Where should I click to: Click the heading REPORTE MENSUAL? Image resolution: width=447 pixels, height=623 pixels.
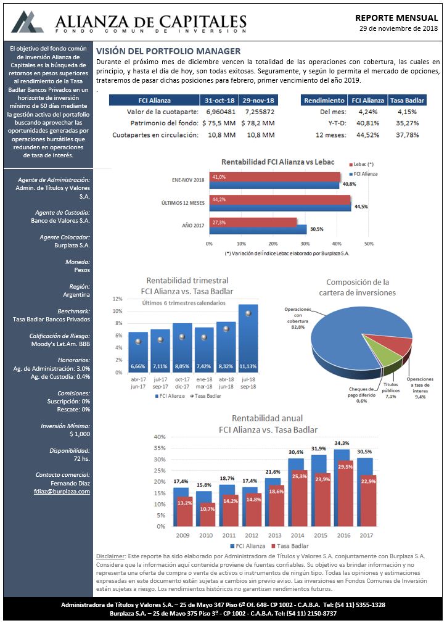(396, 18)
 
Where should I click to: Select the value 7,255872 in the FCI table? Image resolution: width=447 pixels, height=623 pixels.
(260, 112)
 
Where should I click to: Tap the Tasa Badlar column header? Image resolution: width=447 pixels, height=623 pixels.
(407, 101)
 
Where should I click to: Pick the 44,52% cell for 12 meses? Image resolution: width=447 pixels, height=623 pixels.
(368, 135)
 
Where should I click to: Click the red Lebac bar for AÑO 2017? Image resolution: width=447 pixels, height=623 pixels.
(253, 223)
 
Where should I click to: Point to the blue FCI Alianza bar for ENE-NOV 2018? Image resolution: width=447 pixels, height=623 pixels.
(274, 185)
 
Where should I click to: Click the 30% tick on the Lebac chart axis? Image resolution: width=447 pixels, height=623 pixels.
(305, 244)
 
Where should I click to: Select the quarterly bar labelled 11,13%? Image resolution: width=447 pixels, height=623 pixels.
(248, 338)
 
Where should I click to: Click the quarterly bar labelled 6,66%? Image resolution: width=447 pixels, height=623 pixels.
(137, 352)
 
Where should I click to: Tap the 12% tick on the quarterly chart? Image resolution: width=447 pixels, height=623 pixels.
(118, 299)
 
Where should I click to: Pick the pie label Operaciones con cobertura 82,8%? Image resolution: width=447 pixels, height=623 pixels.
(298, 318)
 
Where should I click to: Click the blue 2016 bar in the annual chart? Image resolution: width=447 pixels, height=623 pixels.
(342, 488)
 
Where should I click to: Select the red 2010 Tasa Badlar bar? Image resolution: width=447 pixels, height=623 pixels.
(207, 514)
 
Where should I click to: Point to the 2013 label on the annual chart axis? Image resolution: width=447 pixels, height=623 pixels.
(274, 535)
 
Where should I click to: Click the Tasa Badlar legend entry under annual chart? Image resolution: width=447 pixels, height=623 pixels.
(289, 546)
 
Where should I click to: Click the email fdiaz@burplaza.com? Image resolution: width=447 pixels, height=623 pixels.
(62, 492)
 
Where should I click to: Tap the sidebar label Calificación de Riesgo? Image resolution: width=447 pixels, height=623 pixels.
(60, 336)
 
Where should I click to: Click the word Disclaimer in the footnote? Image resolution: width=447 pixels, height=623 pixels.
(111, 556)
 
